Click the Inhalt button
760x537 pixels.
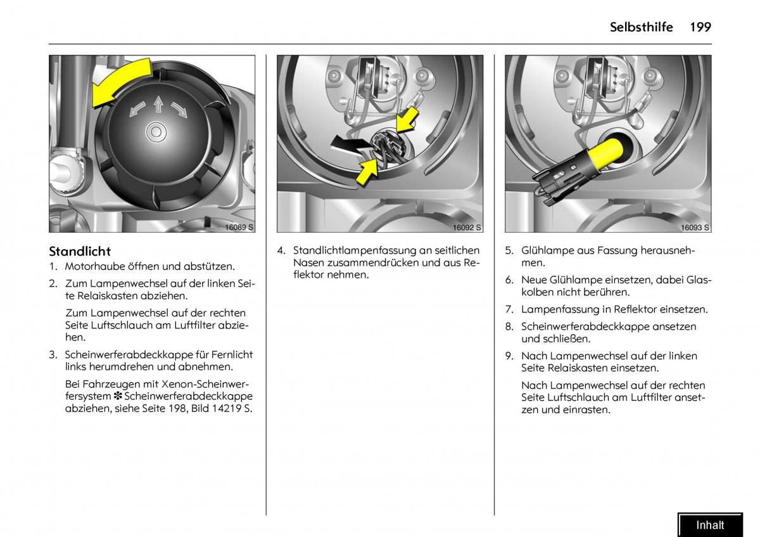tap(710, 525)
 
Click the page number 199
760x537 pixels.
tap(700, 27)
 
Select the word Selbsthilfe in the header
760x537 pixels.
tap(641, 27)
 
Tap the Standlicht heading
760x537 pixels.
tap(80, 251)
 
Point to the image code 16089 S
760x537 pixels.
tap(239, 227)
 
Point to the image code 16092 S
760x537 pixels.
tap(467, 227)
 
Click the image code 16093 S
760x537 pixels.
tap(695, 227)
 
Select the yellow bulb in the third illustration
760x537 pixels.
tap(607, 153)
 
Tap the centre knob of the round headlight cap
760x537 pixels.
tap(156, 132)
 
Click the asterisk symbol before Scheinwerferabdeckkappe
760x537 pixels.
tap(118, 396)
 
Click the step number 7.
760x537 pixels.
tap(509, 309)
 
